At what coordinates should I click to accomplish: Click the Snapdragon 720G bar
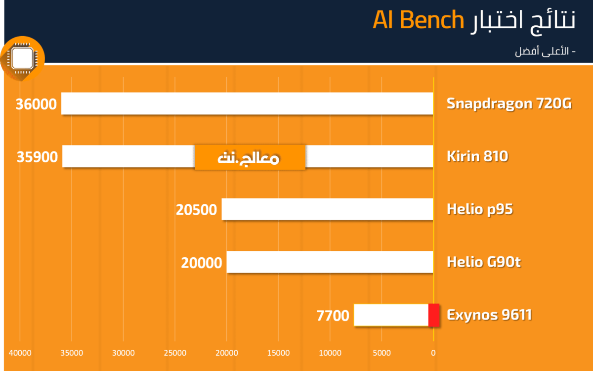coord(247,103)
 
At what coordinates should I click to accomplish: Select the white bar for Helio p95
coord(327,209)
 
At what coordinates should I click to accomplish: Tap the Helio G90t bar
coord(330,262)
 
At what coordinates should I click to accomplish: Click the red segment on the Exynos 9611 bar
coord(434,315)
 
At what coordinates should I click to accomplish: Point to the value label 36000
coord(36,104)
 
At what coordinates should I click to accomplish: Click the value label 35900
coord(37,157)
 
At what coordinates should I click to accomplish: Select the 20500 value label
coord(197,210)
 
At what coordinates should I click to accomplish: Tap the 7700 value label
coord(333,316)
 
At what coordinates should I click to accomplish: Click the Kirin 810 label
coord(477,156)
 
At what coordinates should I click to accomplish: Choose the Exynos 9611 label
coord(489,315)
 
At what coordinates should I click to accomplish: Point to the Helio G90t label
coord(484,262)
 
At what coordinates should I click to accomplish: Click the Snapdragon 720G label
coord(509,103)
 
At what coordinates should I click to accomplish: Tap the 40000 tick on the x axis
coord(20,353)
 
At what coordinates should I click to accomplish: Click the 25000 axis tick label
coord(175,353)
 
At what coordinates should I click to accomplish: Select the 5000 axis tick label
coord(381,353)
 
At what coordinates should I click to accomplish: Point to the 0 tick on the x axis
coord(433,353)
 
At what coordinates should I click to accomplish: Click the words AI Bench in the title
coord(418,20)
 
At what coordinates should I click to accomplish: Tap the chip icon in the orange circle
coord(22,58)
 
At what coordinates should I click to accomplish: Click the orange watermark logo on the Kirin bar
coord(250,157)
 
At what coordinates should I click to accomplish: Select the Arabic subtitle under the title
coord(545,51)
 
